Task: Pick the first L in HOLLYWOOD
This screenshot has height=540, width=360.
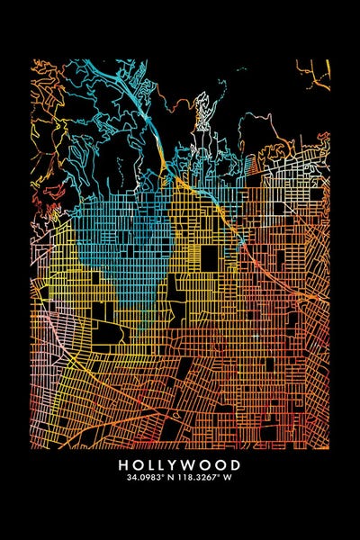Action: pyautogui.click(x=148, y=465)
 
